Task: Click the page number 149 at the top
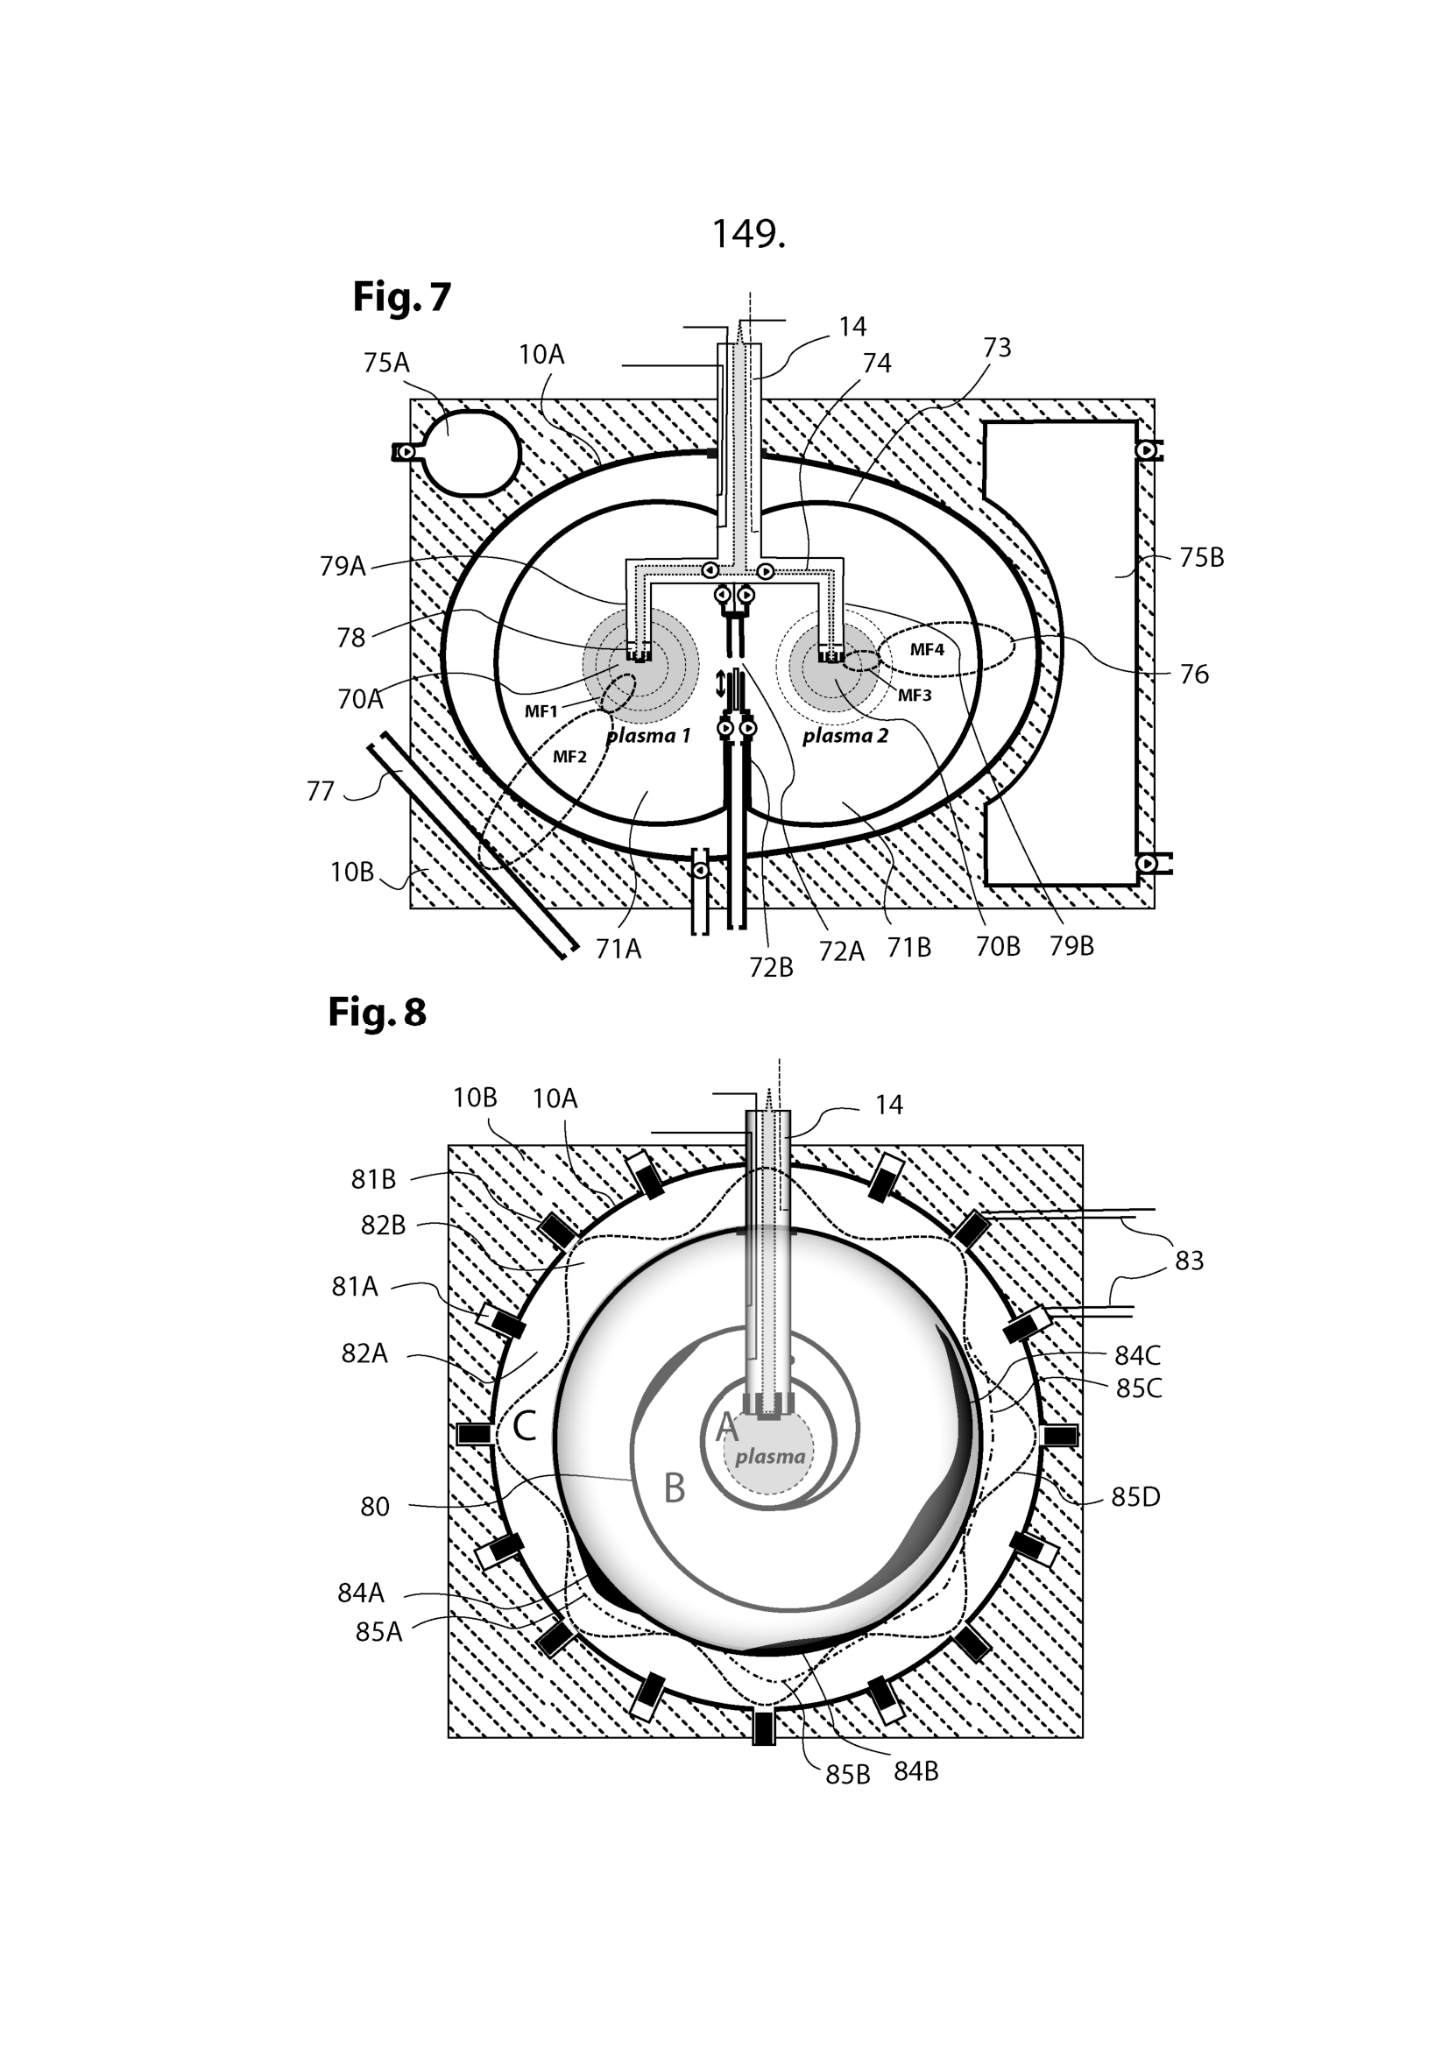(x=747, y=234)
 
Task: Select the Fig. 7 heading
(x=401, y=296)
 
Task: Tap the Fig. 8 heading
(x=377, y=1012)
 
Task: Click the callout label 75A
(x=385, y=363)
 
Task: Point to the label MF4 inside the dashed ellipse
(x=926, y=650)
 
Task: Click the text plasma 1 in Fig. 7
(x=648, y=736)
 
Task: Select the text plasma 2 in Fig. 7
(x=845, y=736)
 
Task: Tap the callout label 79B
(x=1071, y=946)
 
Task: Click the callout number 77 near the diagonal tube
(x=320, y=791)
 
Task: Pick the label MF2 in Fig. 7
(x=569, y=757)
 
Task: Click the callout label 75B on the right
(x=1201, y=558)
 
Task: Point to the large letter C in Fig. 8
(x=524, y=1426)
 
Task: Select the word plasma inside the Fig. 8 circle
(x=770, y=1457)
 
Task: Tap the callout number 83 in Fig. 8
(x=1189, y=1261)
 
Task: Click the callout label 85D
(x=1134, y=1496)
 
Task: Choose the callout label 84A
(x=360, y=1592)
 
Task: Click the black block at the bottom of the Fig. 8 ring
(x=764, y=1728)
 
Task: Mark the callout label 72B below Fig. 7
(x=771, y=967)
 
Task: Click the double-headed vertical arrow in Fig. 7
(x=721, y=684)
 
